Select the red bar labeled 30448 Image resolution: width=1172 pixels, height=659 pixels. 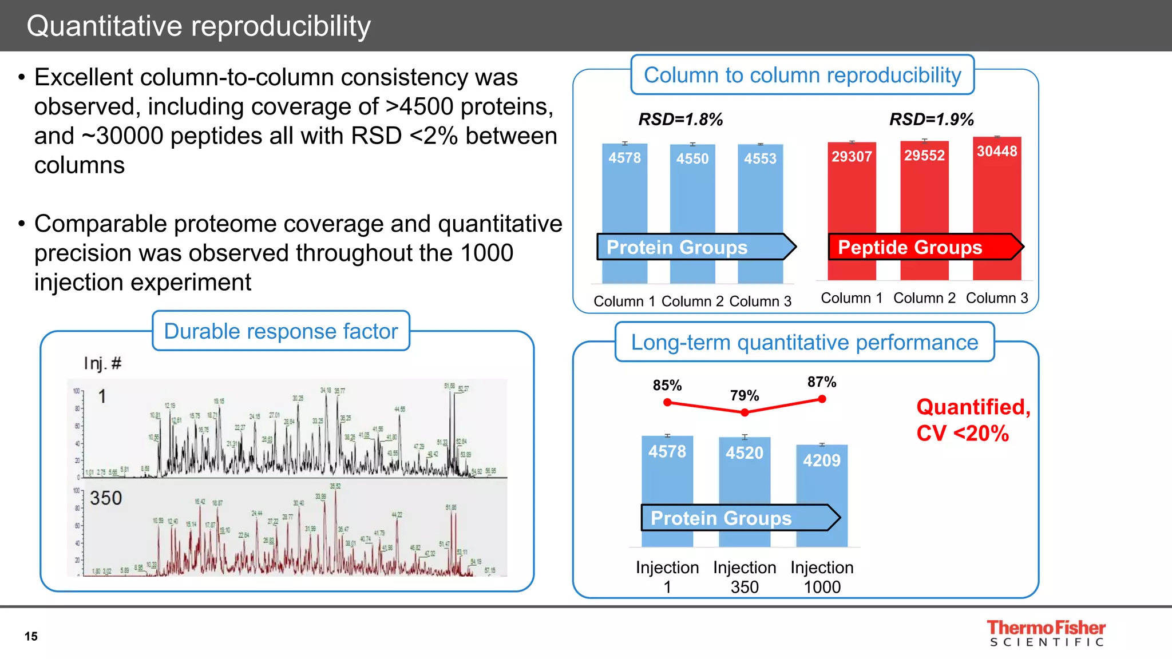click(x=997, y=194)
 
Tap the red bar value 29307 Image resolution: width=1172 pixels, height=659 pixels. click(x=852, y=156)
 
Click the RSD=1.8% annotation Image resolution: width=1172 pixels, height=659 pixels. click(x=680, y=119)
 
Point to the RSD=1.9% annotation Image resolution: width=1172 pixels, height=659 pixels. click(x=931, y=119)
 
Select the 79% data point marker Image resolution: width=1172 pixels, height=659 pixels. click(x=745, y=412)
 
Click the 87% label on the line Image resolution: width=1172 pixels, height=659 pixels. click(x=822, y=382)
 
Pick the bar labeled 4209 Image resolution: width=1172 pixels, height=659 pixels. click(x=822, y=486)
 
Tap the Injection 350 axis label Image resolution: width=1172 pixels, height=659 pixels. click(x=745, y=577)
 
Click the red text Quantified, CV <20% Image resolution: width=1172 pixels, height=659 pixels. click(x=973, y=420)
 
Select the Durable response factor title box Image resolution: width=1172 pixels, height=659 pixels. click(x=280, y=331)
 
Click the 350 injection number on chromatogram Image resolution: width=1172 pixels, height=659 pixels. click(x=106, y=498)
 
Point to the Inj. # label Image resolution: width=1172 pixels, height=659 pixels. click(x=102, y=363)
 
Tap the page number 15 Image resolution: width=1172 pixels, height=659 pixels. click(x=31, y=636)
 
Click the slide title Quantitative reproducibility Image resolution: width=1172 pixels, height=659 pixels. click(x=199, y=26)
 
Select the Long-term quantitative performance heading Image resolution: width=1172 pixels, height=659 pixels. click(x=804, y=342)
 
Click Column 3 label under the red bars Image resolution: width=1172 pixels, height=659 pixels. click(x=997, y=298)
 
